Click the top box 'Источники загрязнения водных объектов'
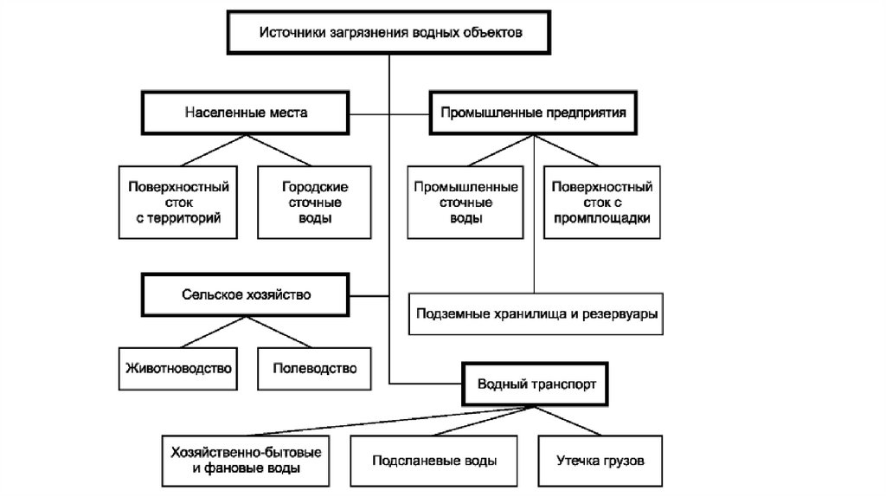[389, 33]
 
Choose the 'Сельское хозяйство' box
[246, 294]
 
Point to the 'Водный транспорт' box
[536, 382]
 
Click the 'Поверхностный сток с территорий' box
[178, 202]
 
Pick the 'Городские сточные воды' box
[315, 202]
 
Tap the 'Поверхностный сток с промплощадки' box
[602, 202]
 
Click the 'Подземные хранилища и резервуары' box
[537, 313]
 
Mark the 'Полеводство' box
[315, 367]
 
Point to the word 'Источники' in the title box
[289, 33]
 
